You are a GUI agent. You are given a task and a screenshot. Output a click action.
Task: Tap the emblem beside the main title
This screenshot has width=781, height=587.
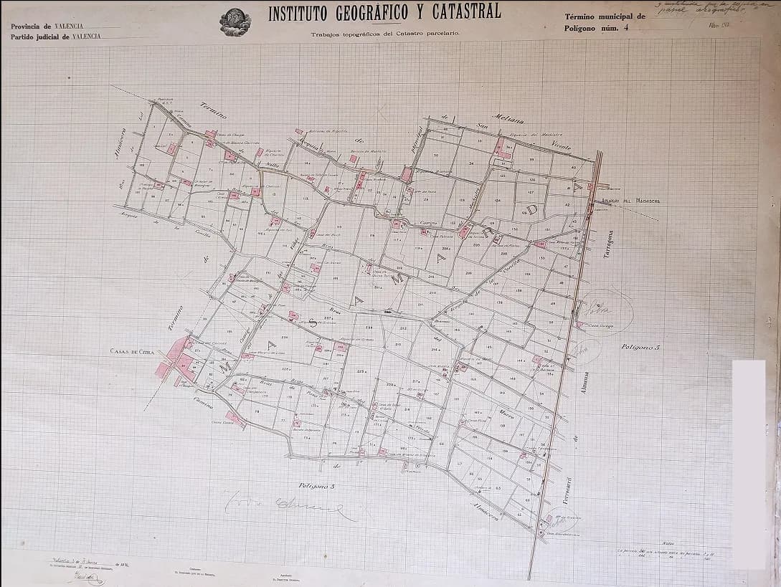tap(235, 21)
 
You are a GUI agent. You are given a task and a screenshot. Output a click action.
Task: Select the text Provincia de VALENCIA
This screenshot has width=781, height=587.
tap(47, 26)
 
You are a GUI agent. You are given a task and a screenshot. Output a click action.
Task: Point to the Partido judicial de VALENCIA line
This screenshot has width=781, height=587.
tap(56, 36)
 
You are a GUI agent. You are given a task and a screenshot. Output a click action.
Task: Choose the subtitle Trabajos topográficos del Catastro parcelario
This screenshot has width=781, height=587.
tap(384, 34)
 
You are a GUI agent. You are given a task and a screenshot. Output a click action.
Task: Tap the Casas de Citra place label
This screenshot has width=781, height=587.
tap(133, 351)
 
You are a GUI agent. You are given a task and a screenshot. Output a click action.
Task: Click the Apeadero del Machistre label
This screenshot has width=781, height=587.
tap(631, 201)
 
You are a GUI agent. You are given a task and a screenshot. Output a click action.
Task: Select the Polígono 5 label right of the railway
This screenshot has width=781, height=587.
tap(640, 347)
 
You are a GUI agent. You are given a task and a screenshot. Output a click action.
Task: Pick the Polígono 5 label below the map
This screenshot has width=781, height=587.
tap(317, 487)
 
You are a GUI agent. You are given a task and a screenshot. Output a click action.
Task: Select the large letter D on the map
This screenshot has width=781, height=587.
tap(532, 209)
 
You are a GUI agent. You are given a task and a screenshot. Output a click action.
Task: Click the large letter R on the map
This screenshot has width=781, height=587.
tap(487, 234)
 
